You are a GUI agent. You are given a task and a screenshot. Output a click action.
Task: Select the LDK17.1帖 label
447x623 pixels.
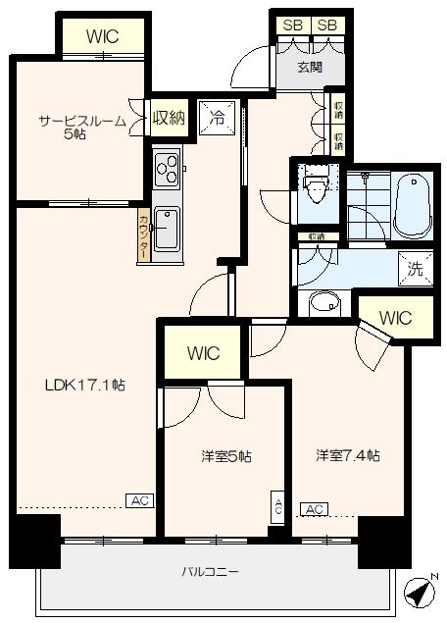(84, 386)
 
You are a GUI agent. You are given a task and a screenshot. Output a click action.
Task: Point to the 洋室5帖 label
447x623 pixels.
(227, 456)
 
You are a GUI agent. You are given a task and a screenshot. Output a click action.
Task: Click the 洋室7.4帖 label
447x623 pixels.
(347, 455)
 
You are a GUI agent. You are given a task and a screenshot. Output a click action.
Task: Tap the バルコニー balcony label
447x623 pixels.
(210, 571)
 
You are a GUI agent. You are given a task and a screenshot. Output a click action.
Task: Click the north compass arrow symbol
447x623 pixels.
(420, 592)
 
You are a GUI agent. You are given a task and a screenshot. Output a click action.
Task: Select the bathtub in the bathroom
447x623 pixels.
(411, 203)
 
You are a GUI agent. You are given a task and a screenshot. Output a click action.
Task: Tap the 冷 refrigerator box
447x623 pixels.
(217, 116)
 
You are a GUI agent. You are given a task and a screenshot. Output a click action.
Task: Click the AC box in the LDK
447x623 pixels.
(139, 500)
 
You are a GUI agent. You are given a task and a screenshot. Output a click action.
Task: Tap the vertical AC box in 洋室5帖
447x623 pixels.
(277, 507)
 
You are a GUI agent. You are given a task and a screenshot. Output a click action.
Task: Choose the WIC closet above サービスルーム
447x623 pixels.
(103, 36)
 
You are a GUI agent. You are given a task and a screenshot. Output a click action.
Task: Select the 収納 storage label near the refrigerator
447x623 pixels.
(169, 118)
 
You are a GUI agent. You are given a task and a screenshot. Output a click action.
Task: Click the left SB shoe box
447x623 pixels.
(291, 26)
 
